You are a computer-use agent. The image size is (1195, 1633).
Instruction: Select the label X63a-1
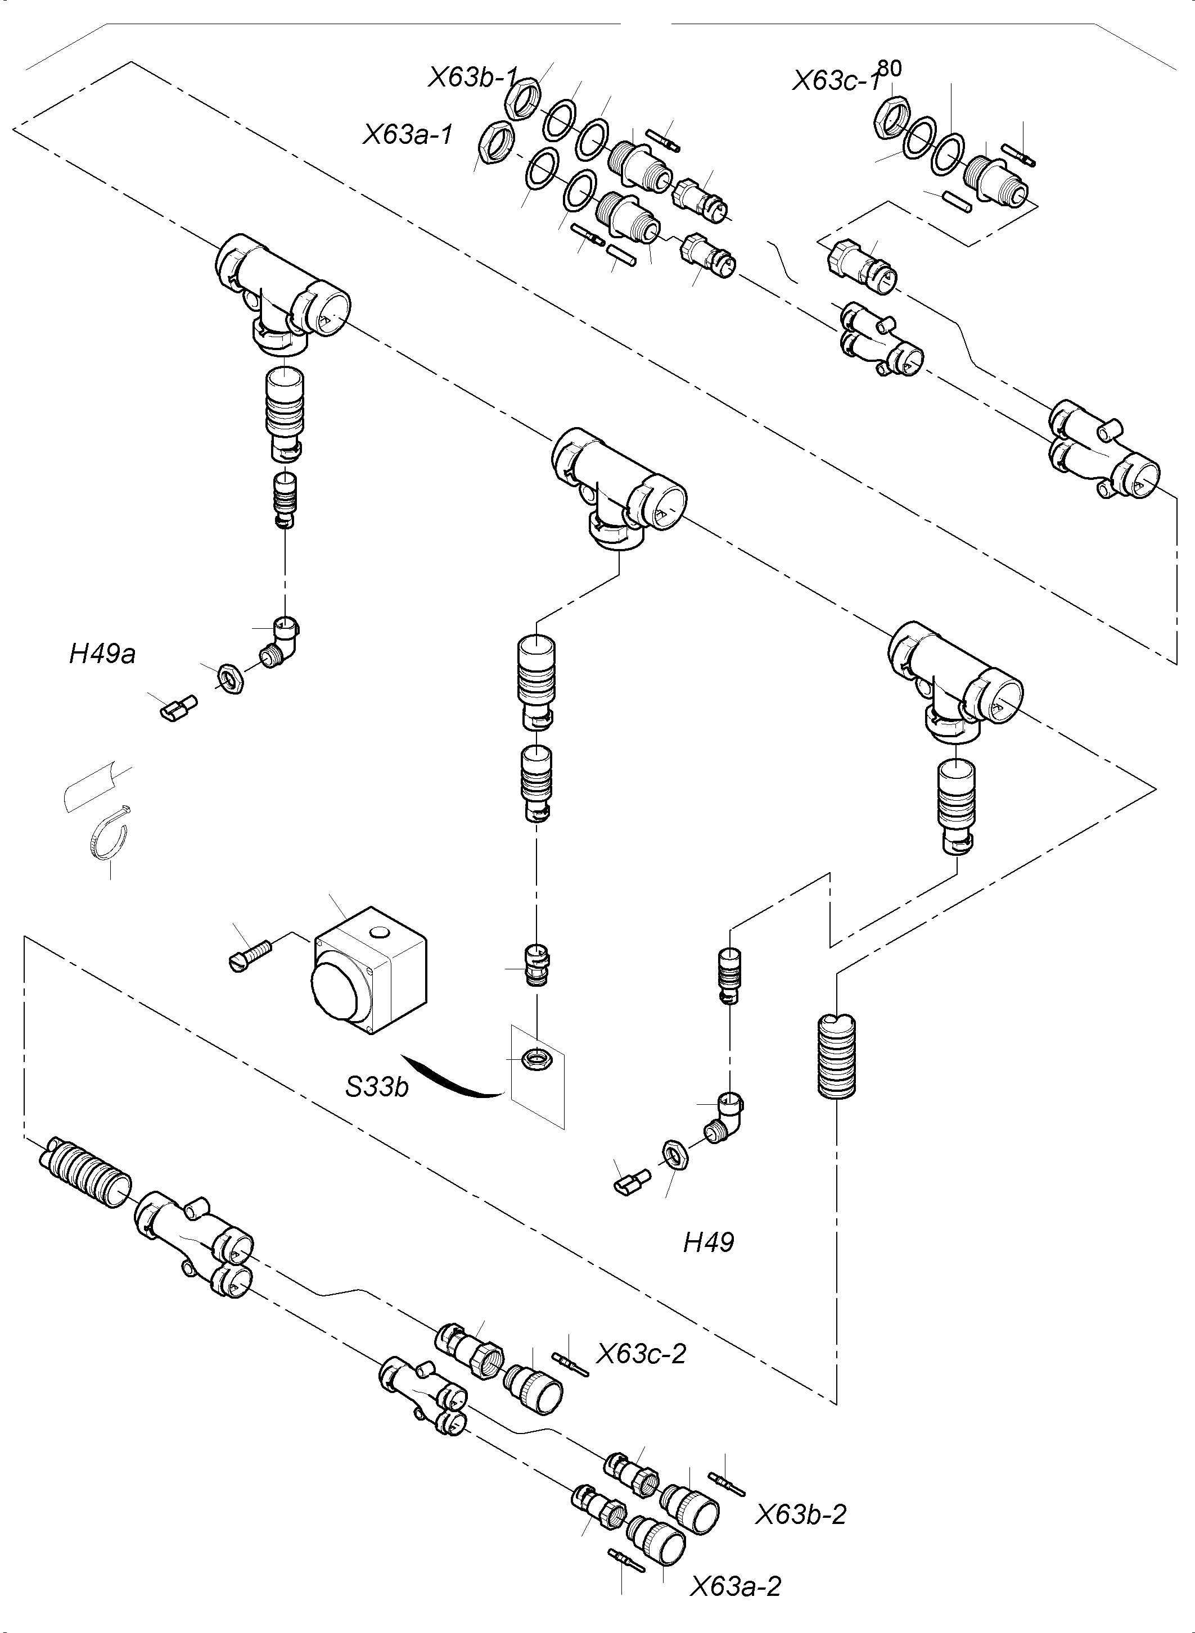(407, 134)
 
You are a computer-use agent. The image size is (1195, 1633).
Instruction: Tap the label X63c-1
(836, 81)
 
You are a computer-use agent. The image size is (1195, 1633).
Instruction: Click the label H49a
(102, 654)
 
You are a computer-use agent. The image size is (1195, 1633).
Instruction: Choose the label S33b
(377, 1086)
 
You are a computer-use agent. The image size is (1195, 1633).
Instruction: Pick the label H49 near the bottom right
(708, 1242)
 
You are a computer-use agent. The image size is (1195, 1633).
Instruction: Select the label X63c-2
(641, 1353)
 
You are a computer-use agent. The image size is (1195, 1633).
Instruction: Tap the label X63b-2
(801, 1514)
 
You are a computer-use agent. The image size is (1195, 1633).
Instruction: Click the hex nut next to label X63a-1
(497, 139)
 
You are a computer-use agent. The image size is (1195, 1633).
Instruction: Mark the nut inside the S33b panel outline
(536, 1060)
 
